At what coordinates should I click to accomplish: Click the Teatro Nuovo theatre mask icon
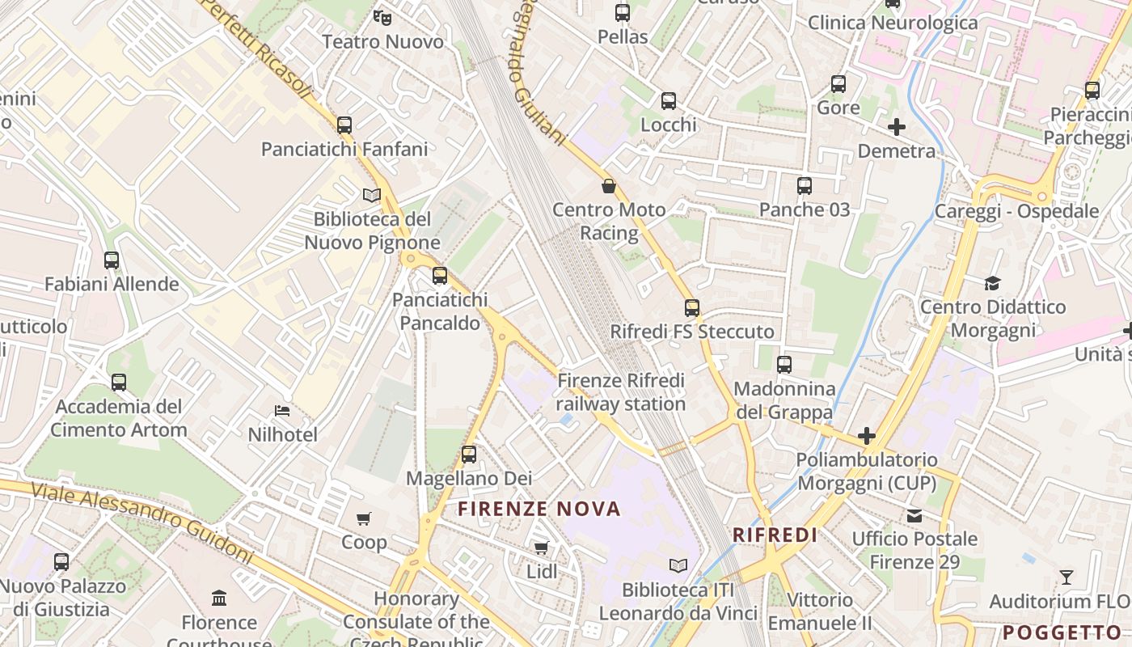coord(382,15)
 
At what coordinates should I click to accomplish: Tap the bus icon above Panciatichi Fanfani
coord(344,125)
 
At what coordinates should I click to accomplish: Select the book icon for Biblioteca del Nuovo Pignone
coord(372,195)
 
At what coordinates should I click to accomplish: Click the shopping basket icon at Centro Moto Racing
coord(609,186)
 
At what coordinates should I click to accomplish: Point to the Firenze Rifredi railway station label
coord(621,391)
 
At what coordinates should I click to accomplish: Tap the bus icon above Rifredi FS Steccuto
coord(692,308)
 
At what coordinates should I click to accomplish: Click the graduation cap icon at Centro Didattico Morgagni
coord(992,283)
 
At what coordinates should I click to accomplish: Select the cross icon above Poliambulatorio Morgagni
coord(867,436)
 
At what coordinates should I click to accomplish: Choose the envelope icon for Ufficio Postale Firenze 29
coord(914,515)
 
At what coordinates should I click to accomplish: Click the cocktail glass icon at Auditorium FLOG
coord(1067,577)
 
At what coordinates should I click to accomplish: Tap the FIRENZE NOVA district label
coord(539,509)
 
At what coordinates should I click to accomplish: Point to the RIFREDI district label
coord(775,535)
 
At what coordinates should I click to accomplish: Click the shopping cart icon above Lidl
coord(542,548)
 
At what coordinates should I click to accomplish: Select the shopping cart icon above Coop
coord(364,518)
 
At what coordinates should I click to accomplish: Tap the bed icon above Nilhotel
coord(282,411)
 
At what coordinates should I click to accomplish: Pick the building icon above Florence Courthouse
coord(219,598)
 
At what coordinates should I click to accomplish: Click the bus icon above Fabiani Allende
coord(112,260)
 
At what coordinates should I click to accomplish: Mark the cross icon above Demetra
coord(897,127)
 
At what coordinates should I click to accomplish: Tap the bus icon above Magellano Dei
coord(469,455)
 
